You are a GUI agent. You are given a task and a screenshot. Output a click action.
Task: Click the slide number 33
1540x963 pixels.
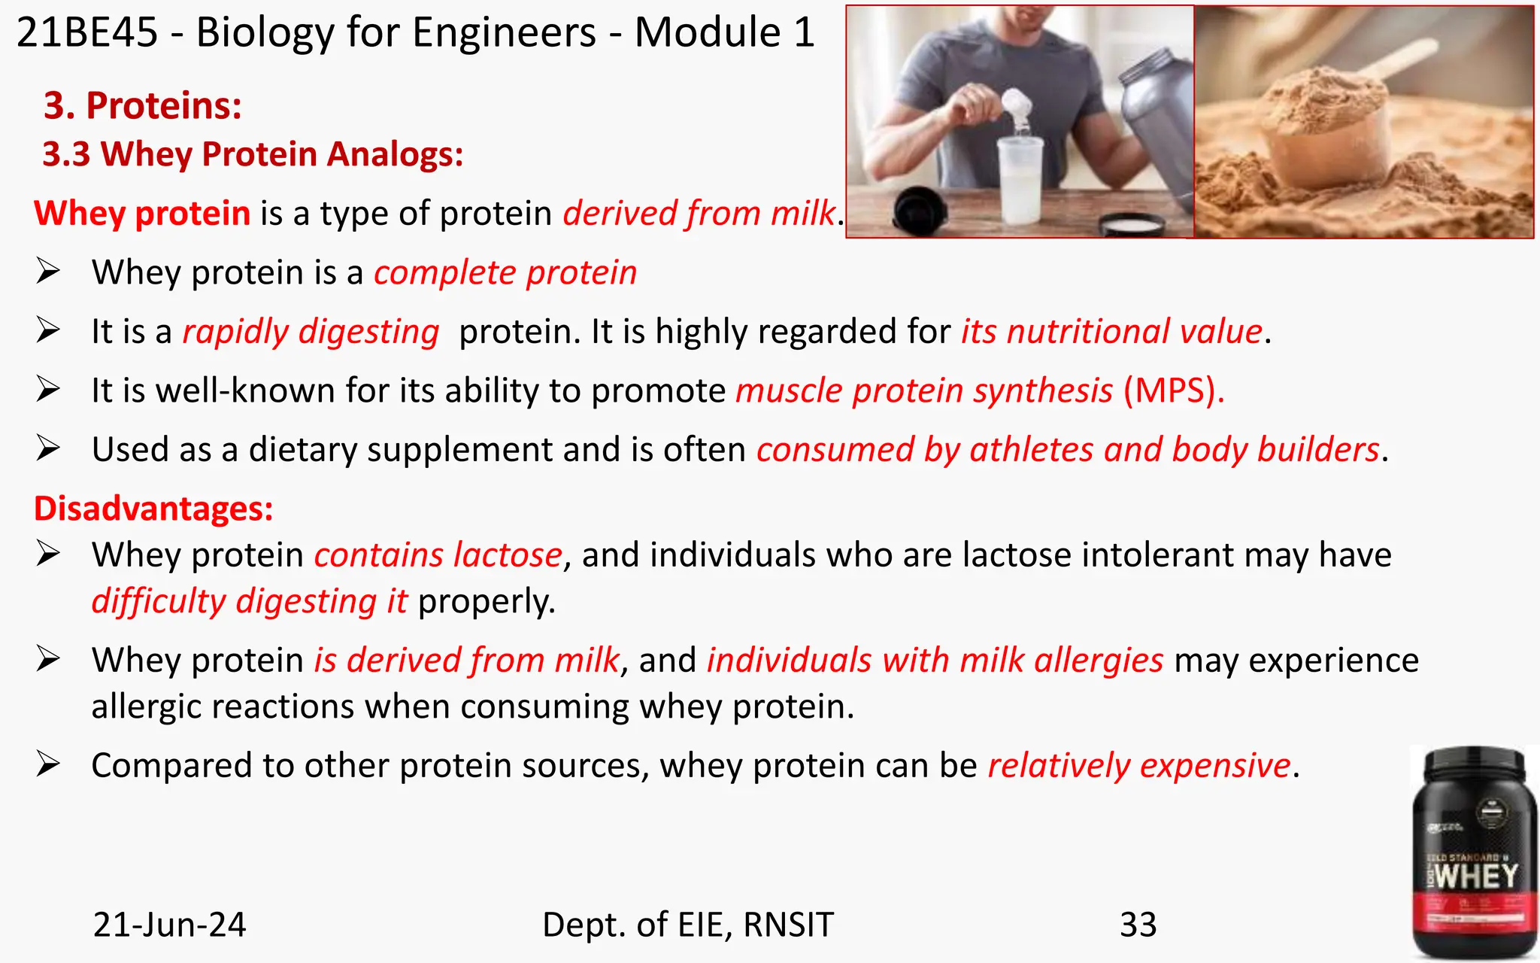pos(1138,925)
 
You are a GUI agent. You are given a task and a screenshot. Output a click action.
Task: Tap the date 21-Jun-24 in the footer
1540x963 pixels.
pos(169,925)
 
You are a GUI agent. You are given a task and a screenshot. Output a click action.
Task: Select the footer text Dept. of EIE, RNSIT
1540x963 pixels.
pos(687,925)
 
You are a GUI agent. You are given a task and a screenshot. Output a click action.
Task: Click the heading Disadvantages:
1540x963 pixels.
pos(153,509)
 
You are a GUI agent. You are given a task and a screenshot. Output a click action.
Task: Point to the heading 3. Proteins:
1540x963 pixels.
pos(143,105)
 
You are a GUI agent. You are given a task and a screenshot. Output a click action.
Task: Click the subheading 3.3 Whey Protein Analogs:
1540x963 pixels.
pos(253,154)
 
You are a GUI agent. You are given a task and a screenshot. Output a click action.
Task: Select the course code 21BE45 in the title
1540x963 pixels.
pos(87,33)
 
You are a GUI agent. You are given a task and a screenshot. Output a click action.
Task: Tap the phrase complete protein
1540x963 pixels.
pos(505,272)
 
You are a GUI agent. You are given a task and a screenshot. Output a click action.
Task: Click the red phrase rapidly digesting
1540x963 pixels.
pos(311,332)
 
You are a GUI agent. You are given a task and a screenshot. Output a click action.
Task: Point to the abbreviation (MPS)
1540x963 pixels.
pos(1173,390)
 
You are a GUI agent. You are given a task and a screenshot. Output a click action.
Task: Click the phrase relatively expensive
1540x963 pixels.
pos(1139,766)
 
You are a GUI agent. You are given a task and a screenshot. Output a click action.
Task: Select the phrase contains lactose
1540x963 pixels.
pos(438,555)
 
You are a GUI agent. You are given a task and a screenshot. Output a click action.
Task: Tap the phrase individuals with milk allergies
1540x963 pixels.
pos(935,661)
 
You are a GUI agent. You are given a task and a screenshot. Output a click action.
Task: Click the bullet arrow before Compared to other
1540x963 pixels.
pos(48,765)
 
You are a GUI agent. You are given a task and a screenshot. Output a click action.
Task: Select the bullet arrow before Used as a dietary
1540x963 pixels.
pos(48,449)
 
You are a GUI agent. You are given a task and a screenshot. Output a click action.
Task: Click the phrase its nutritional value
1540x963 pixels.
pos(1111,332)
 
